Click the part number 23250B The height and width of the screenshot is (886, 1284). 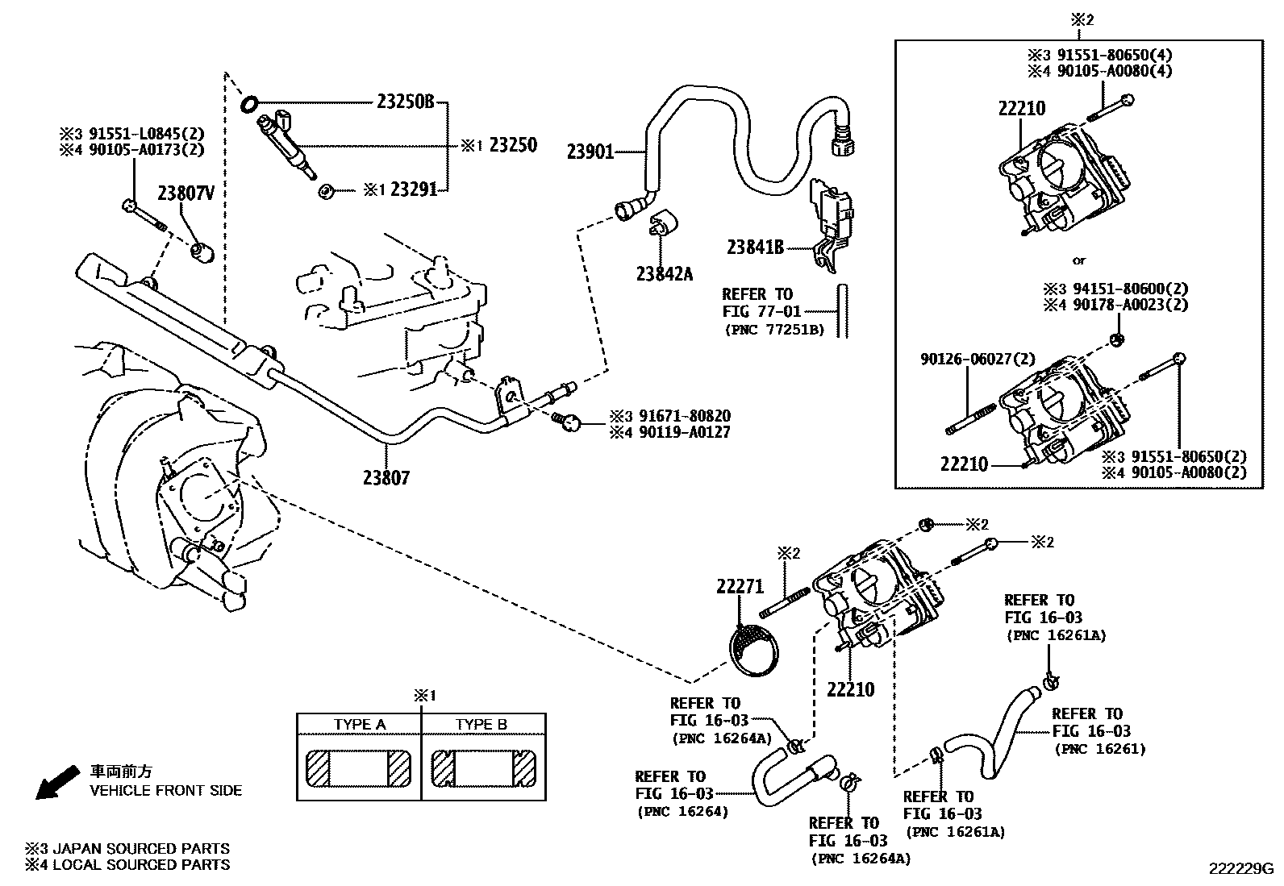405,102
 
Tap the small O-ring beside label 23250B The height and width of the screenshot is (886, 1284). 249,104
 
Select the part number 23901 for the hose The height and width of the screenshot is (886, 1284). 590,152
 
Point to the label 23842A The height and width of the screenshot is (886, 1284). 665,274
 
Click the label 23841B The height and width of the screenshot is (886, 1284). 755,247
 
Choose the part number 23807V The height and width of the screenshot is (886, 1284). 186,193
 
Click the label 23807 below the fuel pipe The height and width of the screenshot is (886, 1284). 386,477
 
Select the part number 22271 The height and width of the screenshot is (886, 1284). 740,586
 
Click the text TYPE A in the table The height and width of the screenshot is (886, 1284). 360,725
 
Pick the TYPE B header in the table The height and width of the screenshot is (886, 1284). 481,725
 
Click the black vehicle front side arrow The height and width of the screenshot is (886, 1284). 57,782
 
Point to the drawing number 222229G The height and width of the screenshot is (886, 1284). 1241,869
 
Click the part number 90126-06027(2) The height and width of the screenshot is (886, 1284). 978,360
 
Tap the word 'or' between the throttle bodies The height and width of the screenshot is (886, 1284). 1079,260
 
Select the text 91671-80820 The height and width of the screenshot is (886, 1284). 685,415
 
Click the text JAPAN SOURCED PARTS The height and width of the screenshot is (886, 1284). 141,848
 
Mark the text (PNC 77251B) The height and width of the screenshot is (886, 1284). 774,330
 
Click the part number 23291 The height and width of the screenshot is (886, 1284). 414,189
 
